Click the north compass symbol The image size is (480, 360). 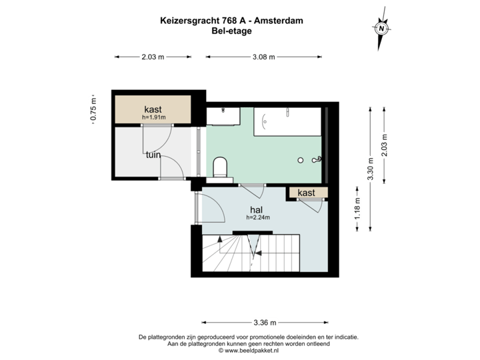click(381, 29)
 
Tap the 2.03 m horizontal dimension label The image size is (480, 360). click(153, 57)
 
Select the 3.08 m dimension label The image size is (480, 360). click(262, 57)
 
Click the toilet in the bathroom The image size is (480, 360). click(221, 167)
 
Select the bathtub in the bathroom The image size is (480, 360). click(290, 121)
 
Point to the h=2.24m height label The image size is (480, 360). click(257, 217)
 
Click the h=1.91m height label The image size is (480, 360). click(153, 117)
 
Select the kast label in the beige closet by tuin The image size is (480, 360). click(153, 109)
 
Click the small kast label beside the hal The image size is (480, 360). click(307, 193)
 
